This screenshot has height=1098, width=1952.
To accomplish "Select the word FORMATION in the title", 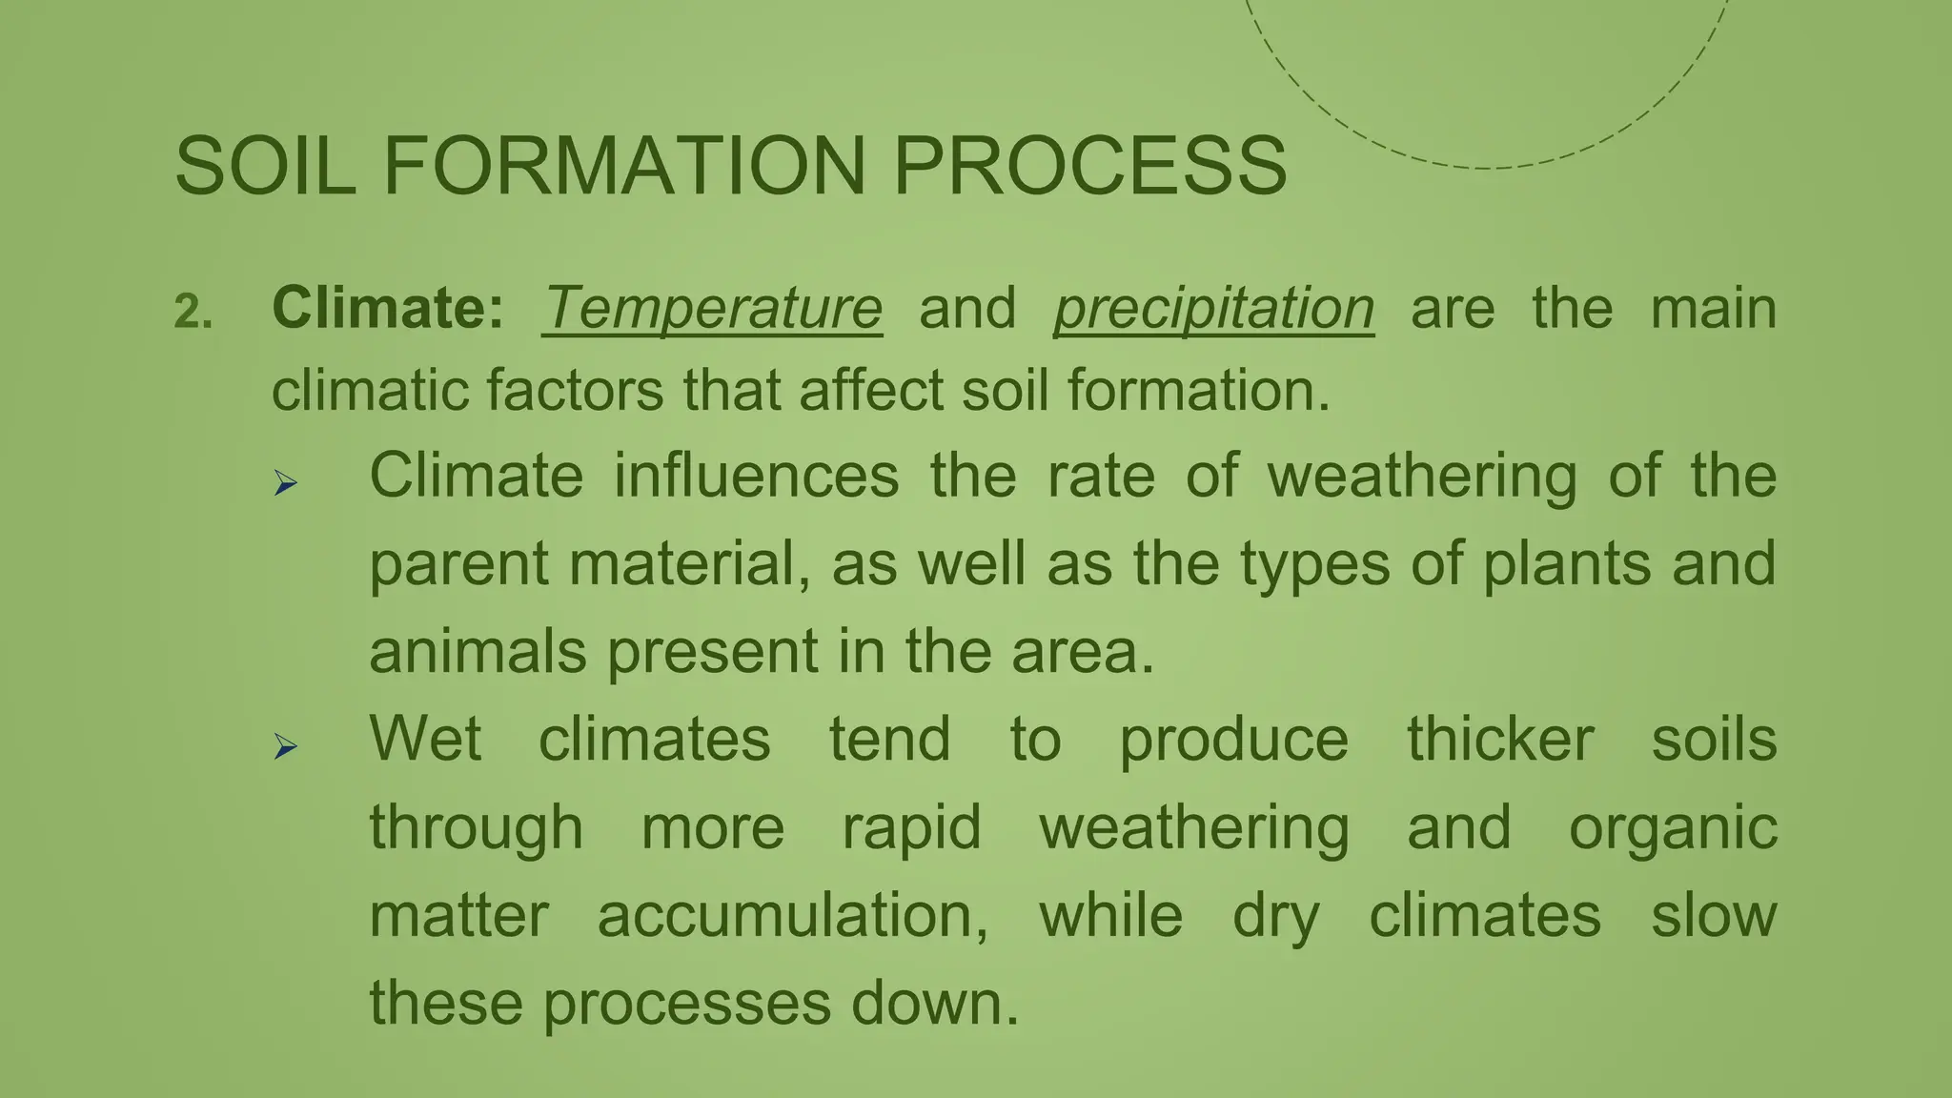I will (x=624, y=166).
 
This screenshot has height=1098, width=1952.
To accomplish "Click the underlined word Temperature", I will (x=712, y=309).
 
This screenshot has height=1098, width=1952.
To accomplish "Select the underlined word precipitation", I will (x=1213, y=309).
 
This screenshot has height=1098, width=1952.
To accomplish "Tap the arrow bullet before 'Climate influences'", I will (x=285, y=483).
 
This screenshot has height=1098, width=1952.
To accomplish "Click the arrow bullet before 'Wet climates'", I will (x=285, y=746).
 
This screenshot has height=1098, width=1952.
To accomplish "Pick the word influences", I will (x=756, y=476).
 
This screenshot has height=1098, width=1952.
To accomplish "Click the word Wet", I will (x=425, y=739).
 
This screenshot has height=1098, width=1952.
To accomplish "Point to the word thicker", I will (x=1499, y=739).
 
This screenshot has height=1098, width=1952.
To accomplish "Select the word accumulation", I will (x=792, y=915).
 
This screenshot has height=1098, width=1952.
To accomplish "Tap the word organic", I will (x=1672, y=827).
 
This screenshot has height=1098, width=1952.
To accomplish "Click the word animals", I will (x=478, y=652).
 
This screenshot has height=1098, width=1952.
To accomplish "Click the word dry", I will (x=1275, y=917).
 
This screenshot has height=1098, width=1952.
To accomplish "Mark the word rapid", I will (x=911, y=827).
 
